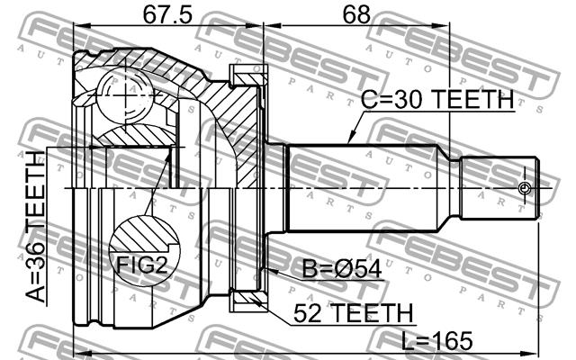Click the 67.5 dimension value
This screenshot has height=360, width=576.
pos(167,14)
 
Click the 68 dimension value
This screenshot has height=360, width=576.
pos(356,14)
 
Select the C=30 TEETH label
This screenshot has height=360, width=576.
pos(437,99)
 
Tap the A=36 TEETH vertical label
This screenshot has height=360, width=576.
pos(36,227)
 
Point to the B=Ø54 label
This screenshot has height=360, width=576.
pos(342,269)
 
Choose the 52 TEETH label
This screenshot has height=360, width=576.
pos(354,313)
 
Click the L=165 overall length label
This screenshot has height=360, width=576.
pos(436,340)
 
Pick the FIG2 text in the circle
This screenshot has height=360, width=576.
pos(142,265)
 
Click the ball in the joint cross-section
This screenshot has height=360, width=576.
pos(125,96)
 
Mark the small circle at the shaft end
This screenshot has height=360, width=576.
pos(525,188)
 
